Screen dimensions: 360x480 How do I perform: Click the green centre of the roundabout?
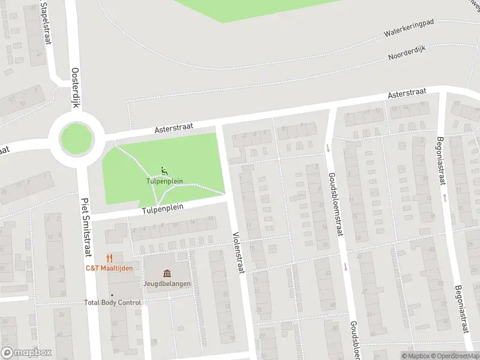(x=75, y=139)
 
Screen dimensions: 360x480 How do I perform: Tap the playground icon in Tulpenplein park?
(x=164, y=170)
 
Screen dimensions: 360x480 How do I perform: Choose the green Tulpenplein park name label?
(x=164, y=180)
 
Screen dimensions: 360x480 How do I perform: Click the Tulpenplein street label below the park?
(x=162, y=208)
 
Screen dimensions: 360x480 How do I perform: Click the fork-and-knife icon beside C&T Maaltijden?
(x=109, y=258)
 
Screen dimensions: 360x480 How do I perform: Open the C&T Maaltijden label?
(x=109, y=268)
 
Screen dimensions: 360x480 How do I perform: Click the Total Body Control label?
(x=113, y=302)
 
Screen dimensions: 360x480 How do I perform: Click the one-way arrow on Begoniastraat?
(x=445, y=196)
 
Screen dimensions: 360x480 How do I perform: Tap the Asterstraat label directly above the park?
(x=172, y=126)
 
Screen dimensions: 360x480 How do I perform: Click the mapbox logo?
(x=26, y=353)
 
